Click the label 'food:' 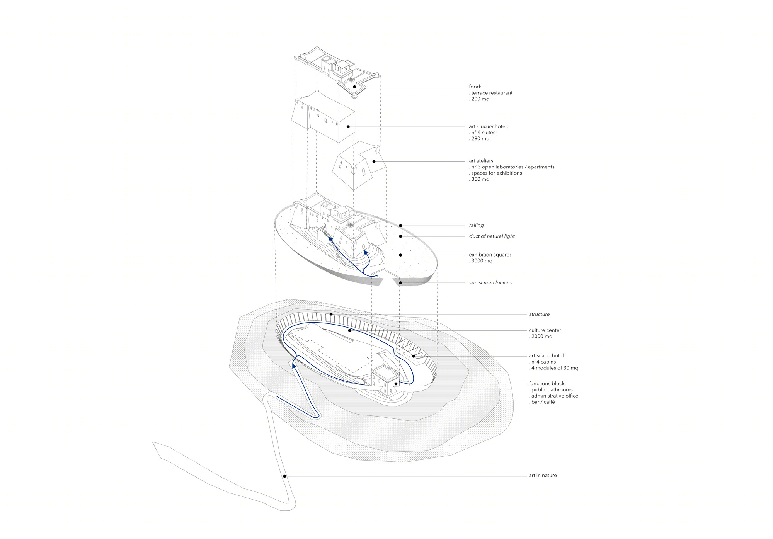point(475,87)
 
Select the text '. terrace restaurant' point(491,93)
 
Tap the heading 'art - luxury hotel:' point(489,126)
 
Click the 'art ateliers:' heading point(482,161)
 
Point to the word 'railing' point(476,225)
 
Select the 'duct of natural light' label point(492,236)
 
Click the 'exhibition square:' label point(490,255)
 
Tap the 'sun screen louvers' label point(491,283)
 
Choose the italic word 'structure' point(539,314)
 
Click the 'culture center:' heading point(546,330)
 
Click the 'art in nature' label point(543,476)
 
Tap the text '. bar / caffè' point(542,402)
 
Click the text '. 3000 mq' point(481,261)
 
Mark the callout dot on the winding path point(285,476)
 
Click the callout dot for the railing point(401,226)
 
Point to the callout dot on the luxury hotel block point(348,127)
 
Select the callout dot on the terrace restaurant point(354,87)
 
